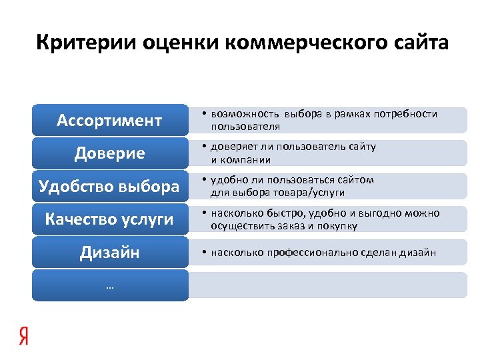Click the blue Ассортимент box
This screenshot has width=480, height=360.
(x=110, y=121)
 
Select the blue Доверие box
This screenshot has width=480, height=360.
(x=110, y=153)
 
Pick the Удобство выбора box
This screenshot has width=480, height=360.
(x=110, y=186)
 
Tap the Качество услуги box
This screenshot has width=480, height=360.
(x=110, y=219)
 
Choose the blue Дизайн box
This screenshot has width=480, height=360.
(x=110, y=252)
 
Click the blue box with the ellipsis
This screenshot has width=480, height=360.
(x=110, y=285)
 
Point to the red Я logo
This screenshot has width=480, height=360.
(x=24, y=337)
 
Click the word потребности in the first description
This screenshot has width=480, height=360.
(x=408, y=115)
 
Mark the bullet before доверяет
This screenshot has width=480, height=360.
(x=204, y=147)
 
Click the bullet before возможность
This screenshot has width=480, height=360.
(x=204, y=115)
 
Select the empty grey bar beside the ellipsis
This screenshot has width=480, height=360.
(x=328, y=285)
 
